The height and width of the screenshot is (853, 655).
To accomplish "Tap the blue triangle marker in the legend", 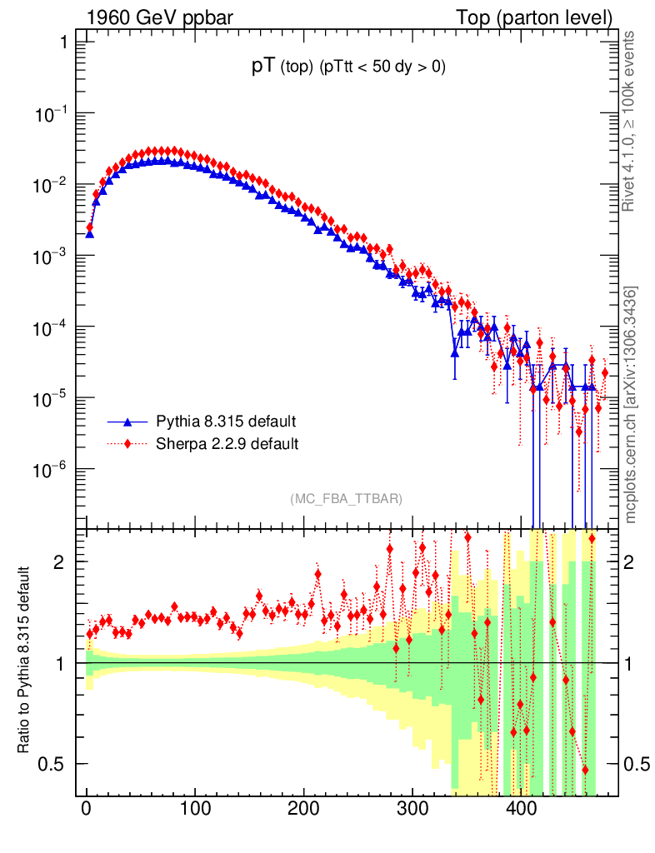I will (x=128, y=421).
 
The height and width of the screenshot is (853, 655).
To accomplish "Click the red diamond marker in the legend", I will (x=128, y=443).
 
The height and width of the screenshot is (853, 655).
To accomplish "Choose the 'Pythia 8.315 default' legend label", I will (x=226, y=421).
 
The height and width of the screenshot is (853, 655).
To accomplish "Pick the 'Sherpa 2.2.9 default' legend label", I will (x=227, y=443).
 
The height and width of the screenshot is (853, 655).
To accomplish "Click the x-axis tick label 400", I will (x=521, y=809).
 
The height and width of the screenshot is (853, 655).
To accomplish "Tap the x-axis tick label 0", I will (x=87, y=809).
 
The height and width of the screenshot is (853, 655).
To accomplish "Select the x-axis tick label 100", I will (x=195, y=809).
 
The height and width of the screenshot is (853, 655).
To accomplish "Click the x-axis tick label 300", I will (x=412, y=809).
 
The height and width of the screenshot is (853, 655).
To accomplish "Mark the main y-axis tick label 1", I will (x=63, y=42).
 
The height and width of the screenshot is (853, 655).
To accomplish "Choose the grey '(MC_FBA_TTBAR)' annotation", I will (x=346, y=499).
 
